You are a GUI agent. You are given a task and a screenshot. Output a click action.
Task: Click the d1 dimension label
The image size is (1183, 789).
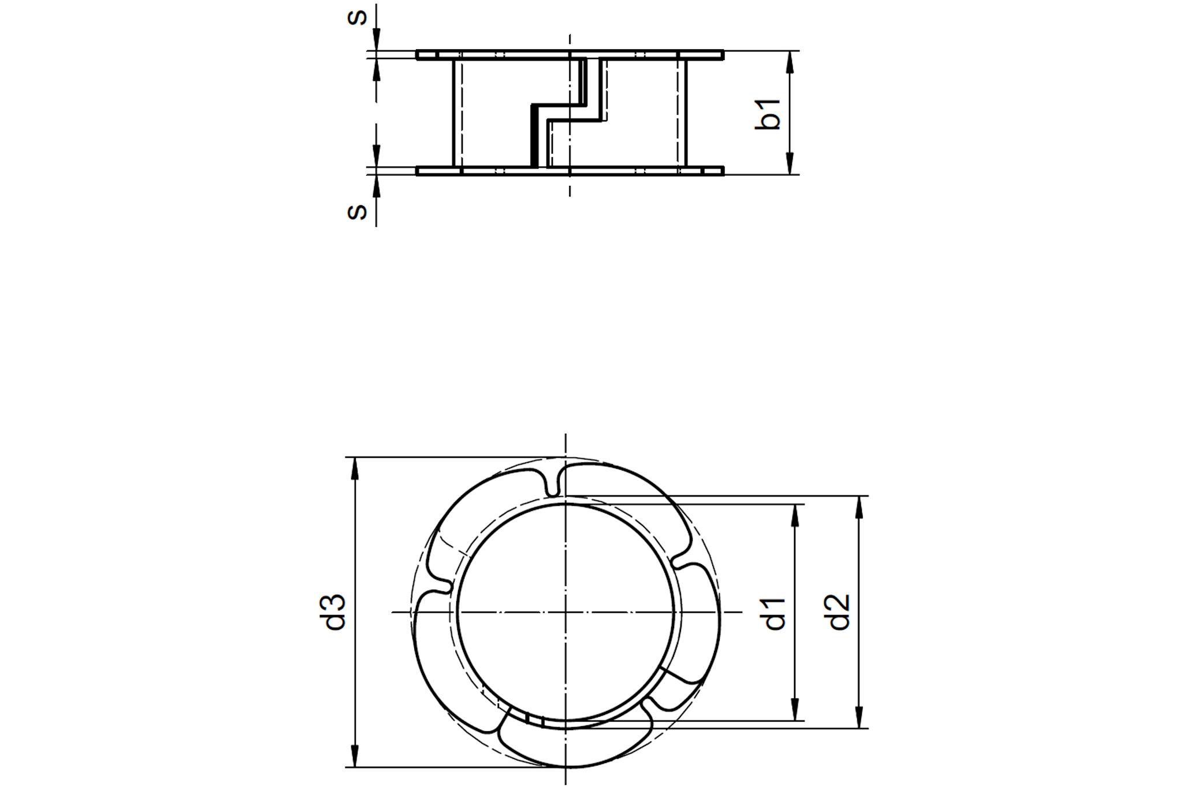pos(776,613)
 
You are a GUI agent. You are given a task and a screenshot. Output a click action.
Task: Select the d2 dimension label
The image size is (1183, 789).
pos(839,612)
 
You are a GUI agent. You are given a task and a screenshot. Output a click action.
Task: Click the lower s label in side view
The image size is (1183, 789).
pos(357,212)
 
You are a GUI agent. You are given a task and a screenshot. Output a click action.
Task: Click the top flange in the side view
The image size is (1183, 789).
pos(570,55)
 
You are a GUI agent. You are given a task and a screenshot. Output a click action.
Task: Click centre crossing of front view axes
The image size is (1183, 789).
pos(566,612)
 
